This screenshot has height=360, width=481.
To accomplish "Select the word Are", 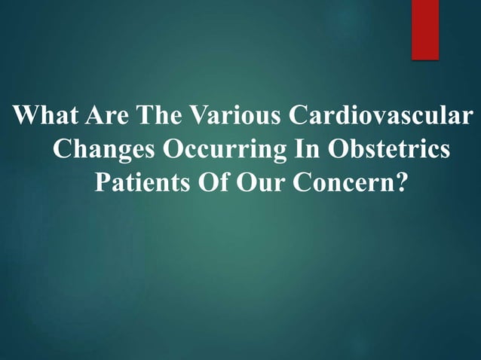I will tap(108, 117).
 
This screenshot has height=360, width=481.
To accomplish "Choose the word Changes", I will tap(102, 150).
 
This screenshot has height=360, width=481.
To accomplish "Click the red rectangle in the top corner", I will tap(424, 28).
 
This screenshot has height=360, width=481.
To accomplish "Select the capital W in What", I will tap(27, 117).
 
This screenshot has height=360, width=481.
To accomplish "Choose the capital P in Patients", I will tap(101, 183).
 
